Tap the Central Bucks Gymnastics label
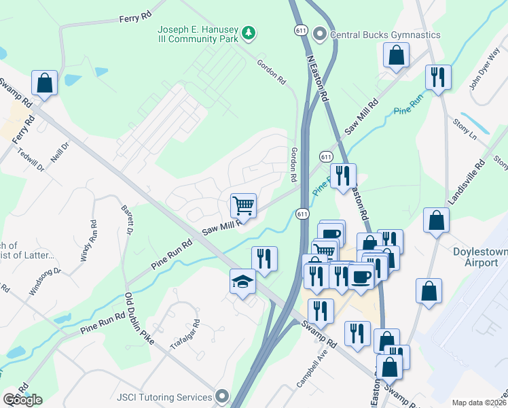tap(384, 35)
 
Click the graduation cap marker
tap(242, 281)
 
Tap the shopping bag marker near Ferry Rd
tap(45, 84)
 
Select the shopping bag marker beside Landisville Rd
tap(436, 220)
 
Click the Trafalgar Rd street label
tap(185, 334)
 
